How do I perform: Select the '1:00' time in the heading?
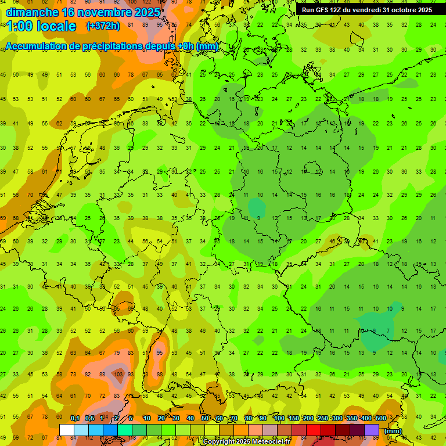click(x=19, y=26)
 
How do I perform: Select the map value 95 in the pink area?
click(x=160, y=353)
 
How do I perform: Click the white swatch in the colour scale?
click(x=66, y=430)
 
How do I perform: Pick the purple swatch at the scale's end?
click(x=372, y=430)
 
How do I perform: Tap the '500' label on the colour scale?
click(x=380, y=419)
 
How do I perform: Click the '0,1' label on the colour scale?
click(x=75, y=419)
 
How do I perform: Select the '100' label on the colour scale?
click(x=279, y=419)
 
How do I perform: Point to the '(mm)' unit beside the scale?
click(x=393, y=431)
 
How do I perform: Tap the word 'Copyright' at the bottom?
click(x=219, y=441)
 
